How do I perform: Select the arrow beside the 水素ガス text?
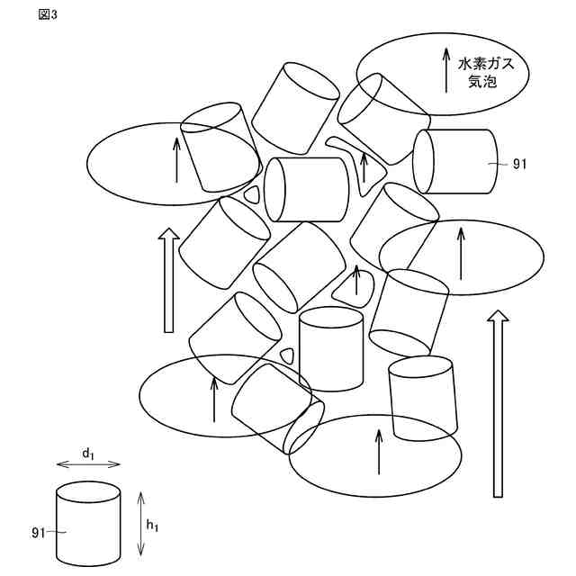pyautogui.click(x=445, y=70)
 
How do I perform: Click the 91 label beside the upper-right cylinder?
pyautogui.click(x=520, y=164)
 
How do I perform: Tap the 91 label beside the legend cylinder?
pyautogui.click(x=38, y=533)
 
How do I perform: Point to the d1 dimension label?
pyautogui.click(x=88, y=454)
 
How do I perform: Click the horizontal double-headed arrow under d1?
pyautogui.click(x=88, y=464)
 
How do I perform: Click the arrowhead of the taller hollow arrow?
pyautogui.click(x=497, y=316)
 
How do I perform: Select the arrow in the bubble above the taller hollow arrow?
pyautogui.click(x=462, y=254)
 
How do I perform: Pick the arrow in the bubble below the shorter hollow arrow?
pyautogui.click(x=214, y=400)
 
